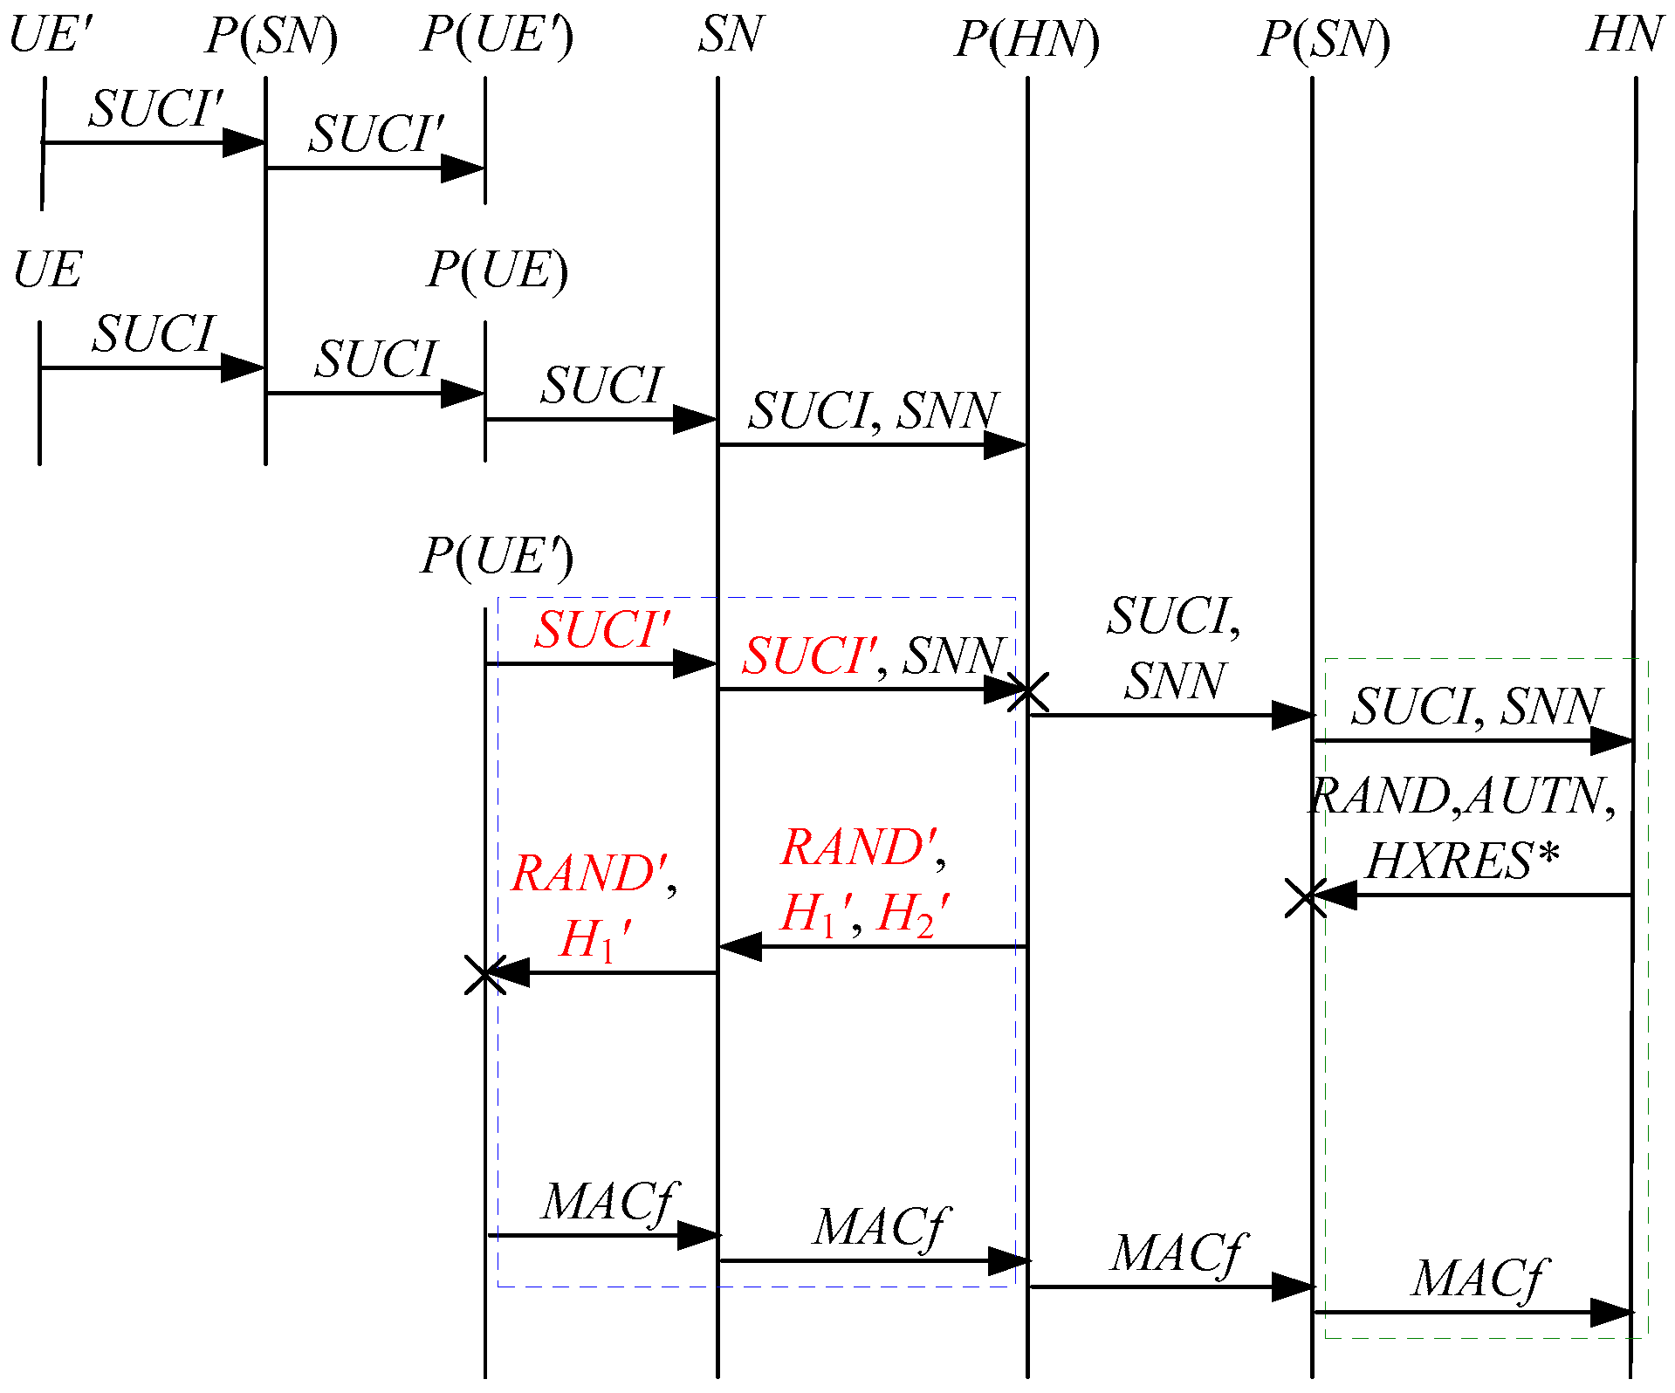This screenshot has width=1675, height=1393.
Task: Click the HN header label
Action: coord(1623,35)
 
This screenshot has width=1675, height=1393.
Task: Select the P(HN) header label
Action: coord(1026,39)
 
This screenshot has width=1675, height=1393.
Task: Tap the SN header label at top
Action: coord(730,35)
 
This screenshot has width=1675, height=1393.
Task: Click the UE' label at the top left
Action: coord(50,35)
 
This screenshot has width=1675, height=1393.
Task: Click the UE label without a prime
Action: coord(47,269)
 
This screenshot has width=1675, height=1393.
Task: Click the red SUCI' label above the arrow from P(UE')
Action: coord(602,629)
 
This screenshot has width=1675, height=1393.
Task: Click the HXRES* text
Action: coord(1462,861)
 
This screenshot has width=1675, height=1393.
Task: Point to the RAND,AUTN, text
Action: coord(1462,796)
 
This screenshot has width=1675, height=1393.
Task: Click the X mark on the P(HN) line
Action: coord(1027,691)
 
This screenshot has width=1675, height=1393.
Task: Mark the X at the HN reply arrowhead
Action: coord(1306,898)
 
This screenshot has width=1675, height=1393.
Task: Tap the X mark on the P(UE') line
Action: coord(484,975)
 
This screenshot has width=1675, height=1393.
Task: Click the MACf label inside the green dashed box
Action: coord(1479,1280)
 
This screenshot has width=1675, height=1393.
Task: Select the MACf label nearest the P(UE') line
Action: coord(609,1202)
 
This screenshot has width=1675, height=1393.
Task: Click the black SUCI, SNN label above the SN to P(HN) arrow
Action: coord(873,410)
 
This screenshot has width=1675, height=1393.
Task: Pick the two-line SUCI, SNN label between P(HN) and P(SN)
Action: coord(1174,648)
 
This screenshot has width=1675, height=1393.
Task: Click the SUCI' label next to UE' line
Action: coord(155,109)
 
